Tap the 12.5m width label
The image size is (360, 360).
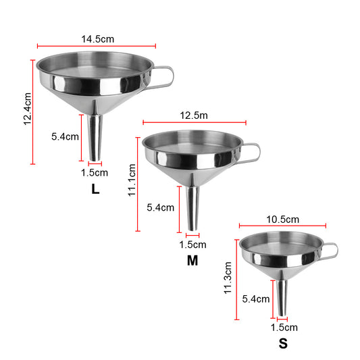pos(194,115)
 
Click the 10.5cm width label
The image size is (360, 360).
pos(282,219)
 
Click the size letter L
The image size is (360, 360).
pos(95,190)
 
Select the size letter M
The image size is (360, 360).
pos(192,260)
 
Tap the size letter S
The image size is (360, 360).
pos(283,343)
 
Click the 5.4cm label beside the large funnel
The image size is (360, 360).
pos(65,136)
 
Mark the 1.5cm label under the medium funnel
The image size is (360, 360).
pos(193,245)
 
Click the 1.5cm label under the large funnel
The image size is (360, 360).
pos(95,173)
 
